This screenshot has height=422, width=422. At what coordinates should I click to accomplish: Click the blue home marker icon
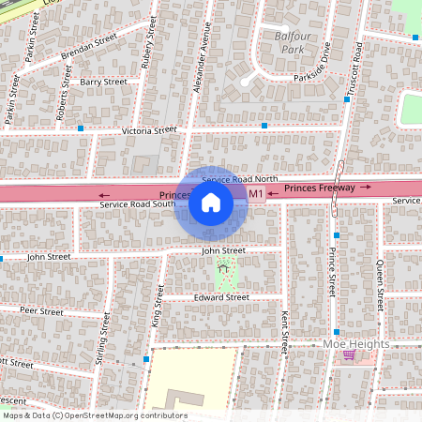coord(211,202)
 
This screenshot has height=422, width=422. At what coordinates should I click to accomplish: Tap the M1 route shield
coord(255,193)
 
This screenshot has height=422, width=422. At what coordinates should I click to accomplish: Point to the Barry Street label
coord(103,83)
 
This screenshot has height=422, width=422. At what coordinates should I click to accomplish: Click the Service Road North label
coord(240,178)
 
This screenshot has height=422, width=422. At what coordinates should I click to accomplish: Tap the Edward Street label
coord(221,297)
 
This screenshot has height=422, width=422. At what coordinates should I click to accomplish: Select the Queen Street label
coord(380,287)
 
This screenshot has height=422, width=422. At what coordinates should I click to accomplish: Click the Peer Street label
coord(41,309)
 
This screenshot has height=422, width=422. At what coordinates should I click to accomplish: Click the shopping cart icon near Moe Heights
coord(350,355)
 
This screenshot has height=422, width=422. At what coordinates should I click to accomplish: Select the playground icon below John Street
coord(223,267)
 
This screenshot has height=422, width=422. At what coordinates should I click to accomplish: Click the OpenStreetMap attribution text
coord(95,415)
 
